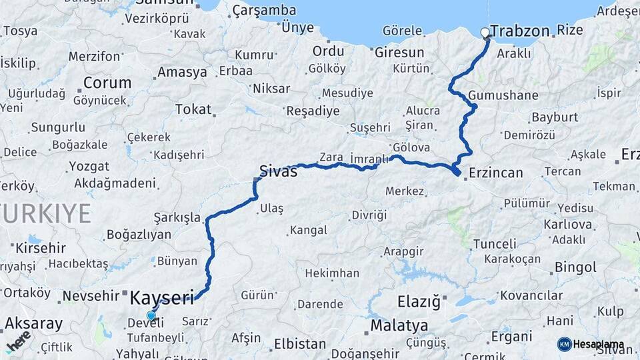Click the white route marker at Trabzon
tap(485, 32)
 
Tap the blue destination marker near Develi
tap(151, 316)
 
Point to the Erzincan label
tap(495, 172)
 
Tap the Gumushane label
tap(503, 95)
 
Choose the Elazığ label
tap(419, 302)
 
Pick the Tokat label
tap(193, 109)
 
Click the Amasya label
tap(182, 72)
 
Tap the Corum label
tap(107, 83)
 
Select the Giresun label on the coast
tap(399, 51)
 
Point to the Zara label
tap(331, 157)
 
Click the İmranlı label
tap(369, 158)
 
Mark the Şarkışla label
tap(177, 217)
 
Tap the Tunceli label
tap(494, 244)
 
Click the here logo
tap(19, 341)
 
